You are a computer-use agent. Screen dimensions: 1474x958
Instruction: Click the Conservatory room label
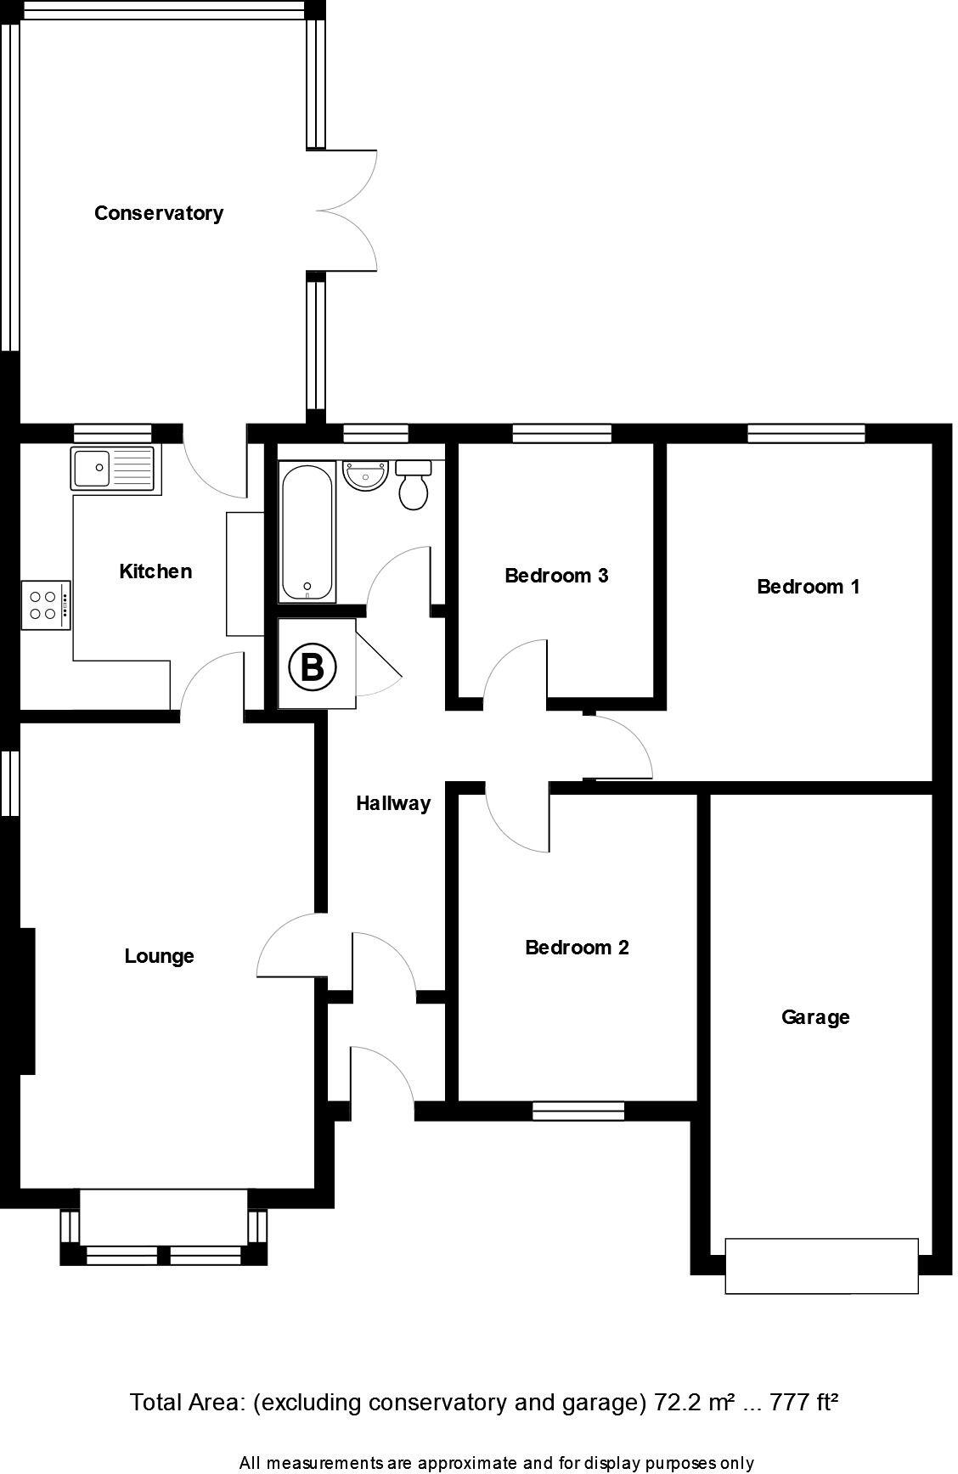click(159, 213)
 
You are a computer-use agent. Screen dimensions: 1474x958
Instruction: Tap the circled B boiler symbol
click(313, 667)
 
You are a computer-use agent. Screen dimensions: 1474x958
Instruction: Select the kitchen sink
click(113, 467)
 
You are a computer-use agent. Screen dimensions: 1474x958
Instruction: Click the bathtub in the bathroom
click(307, 532)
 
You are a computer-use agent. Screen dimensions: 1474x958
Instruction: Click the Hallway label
click(392, 803)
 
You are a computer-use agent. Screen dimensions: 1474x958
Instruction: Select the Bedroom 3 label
click(556, 576)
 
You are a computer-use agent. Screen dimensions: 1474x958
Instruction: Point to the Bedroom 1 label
click(808, 587)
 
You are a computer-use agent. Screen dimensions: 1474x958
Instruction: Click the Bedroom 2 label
click(577, 948)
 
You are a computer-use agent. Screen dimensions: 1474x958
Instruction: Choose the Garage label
click(815, 1017)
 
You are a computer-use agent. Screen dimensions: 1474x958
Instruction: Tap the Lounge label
click(159, 956)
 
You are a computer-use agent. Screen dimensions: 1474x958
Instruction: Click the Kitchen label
click(155, 571)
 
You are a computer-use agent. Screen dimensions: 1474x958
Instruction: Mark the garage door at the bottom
click(821, 1266)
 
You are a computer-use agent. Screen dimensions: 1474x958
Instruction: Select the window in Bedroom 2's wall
click(578, 1111)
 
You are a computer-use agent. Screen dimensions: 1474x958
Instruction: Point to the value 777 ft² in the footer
click(803, 1402)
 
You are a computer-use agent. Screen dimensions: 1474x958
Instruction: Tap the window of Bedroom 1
click(806, 433)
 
